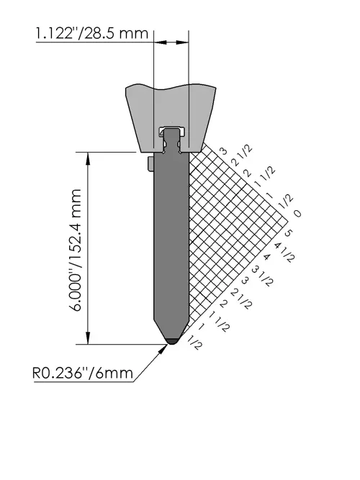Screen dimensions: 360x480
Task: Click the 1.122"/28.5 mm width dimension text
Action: click(92, 33)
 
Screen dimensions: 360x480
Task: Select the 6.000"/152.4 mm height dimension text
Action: click(74, 250)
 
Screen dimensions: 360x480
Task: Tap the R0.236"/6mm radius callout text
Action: click(83, 373)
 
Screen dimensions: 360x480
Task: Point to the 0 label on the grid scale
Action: click(297, 213)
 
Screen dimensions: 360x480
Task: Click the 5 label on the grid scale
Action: click(288, 233)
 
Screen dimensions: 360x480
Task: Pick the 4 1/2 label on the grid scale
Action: click(284, 252)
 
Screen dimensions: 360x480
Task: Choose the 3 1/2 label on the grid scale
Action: click(262, 276)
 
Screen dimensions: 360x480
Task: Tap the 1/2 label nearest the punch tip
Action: click(195, 343)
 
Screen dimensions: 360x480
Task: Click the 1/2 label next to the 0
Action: click(286, 201)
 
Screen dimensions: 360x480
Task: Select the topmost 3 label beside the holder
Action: click(224, 151)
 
